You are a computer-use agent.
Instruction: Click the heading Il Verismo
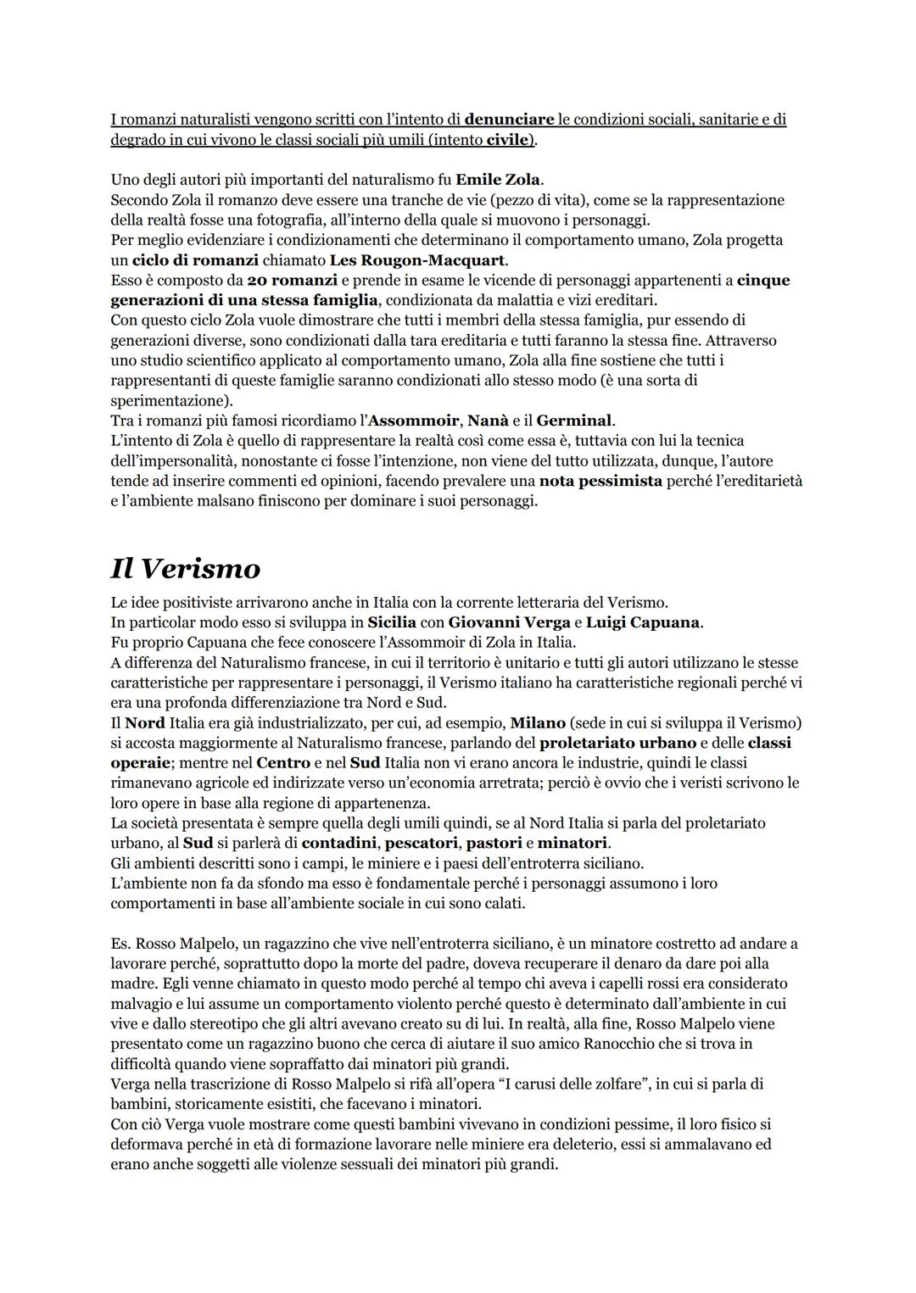[185, 568]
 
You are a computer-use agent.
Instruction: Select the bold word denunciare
[509, 120]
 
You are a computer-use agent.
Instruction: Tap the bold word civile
[508, 140]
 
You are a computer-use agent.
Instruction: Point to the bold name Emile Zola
[499, 180]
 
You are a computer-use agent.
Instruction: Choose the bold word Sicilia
[392, 623]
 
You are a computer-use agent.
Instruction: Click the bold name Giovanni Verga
[509, 623]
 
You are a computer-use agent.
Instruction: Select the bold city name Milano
[538, 723]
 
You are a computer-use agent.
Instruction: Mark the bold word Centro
[283, 763]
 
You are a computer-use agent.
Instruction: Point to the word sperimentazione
[170, 401]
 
